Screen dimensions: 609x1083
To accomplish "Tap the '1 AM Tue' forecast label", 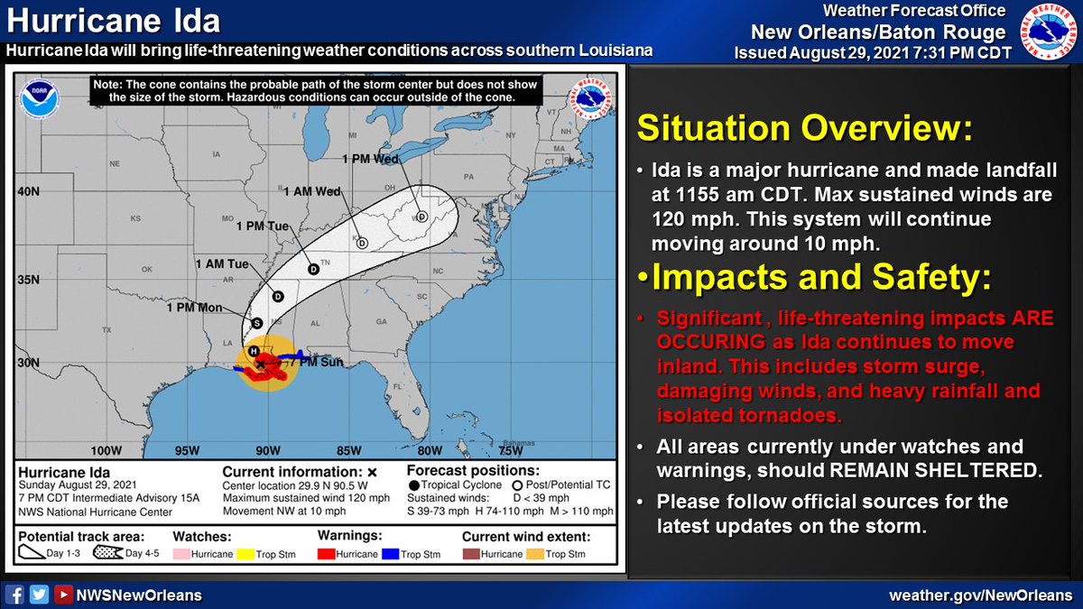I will tap(222, 264).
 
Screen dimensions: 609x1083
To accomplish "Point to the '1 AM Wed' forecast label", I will tap(311, 191).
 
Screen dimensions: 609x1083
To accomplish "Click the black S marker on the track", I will tap(257, 323).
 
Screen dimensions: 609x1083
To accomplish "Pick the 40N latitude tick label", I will tap(29, 191).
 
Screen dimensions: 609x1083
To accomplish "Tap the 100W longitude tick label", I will tap(106, 451).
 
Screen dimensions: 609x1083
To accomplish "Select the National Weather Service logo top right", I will tap(1049, 33).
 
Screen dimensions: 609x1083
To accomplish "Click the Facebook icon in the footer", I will tap(14, 595).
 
